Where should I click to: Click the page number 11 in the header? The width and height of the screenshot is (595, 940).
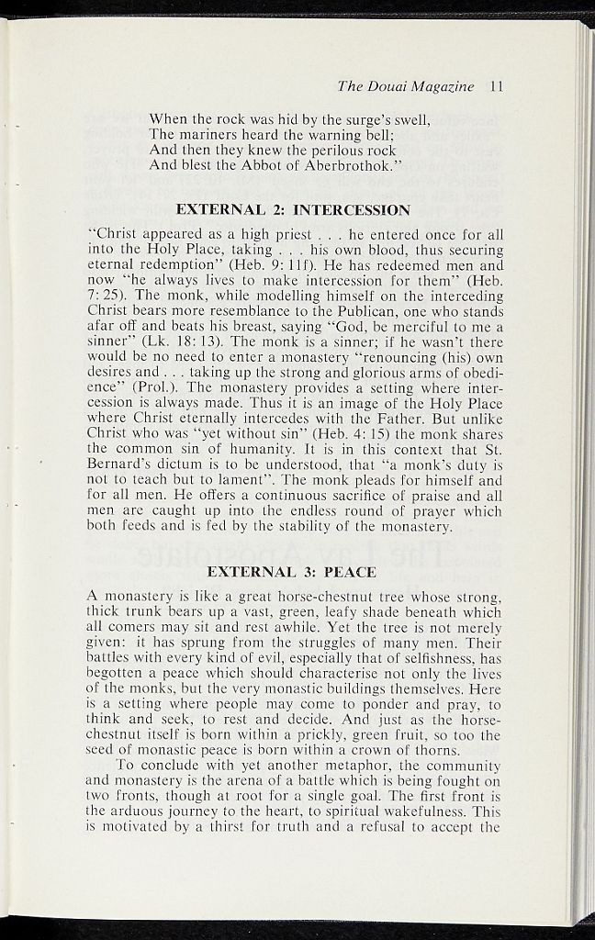498,87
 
